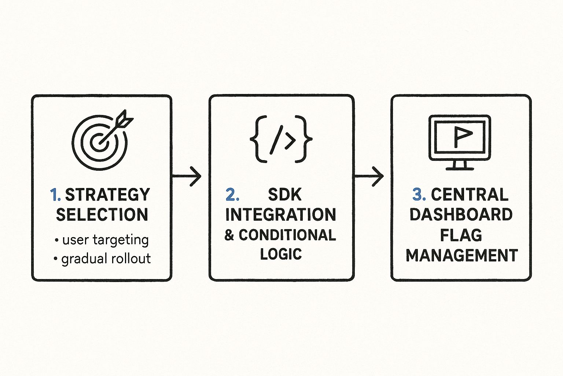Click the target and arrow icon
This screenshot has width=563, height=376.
[101, 140]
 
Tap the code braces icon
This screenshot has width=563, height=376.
[281, 140]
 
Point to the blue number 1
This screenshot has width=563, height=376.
[55, 195]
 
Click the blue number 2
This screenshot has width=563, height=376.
[232, 195]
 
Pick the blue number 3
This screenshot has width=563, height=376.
[419, 195]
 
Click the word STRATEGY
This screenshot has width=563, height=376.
[107, 195]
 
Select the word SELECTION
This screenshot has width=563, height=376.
[102, 215]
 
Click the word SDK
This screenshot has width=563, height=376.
[285, 195]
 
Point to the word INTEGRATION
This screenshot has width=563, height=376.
[281, 215]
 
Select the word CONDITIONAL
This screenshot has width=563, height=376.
[287, 235]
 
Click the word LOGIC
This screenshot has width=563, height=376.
[281, 254]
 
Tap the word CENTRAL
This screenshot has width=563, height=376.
[470, 195]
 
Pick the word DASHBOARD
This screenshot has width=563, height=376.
[461, 215]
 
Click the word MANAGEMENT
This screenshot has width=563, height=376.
[462, 256]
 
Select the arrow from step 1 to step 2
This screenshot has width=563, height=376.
[187, 176]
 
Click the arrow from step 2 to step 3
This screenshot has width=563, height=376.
[369, 176]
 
